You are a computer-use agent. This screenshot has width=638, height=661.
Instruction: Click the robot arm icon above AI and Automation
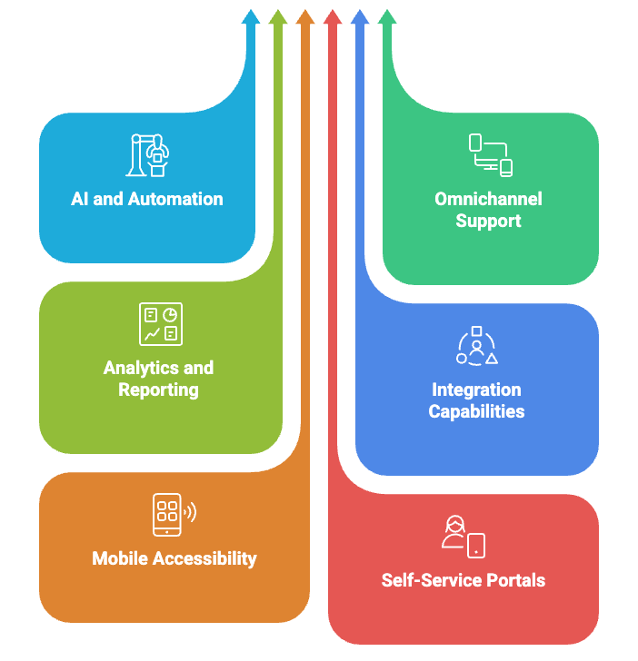point(149,154)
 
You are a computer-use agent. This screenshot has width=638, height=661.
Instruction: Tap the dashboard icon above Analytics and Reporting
point(160,324)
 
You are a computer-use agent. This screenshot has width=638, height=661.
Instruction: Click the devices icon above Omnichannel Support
point(490,154)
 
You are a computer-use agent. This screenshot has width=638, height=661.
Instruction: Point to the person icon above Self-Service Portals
point(463,537)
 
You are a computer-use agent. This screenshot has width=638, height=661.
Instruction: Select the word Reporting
point(159,390)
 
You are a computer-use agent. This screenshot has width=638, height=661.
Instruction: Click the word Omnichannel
point(489,199)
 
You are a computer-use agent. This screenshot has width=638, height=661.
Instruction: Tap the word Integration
point(476,390)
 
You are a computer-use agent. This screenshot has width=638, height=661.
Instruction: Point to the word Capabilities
point(476,411)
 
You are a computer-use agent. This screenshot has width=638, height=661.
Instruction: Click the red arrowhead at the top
point(333,16)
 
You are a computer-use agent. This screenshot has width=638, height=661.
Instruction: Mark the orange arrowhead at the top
point(305,16)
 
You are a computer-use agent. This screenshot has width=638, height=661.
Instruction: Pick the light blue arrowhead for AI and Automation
point(251,16)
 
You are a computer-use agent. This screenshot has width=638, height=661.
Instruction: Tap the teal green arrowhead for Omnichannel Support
point(387,16)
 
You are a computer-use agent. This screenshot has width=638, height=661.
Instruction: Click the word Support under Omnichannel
point(489,221)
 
